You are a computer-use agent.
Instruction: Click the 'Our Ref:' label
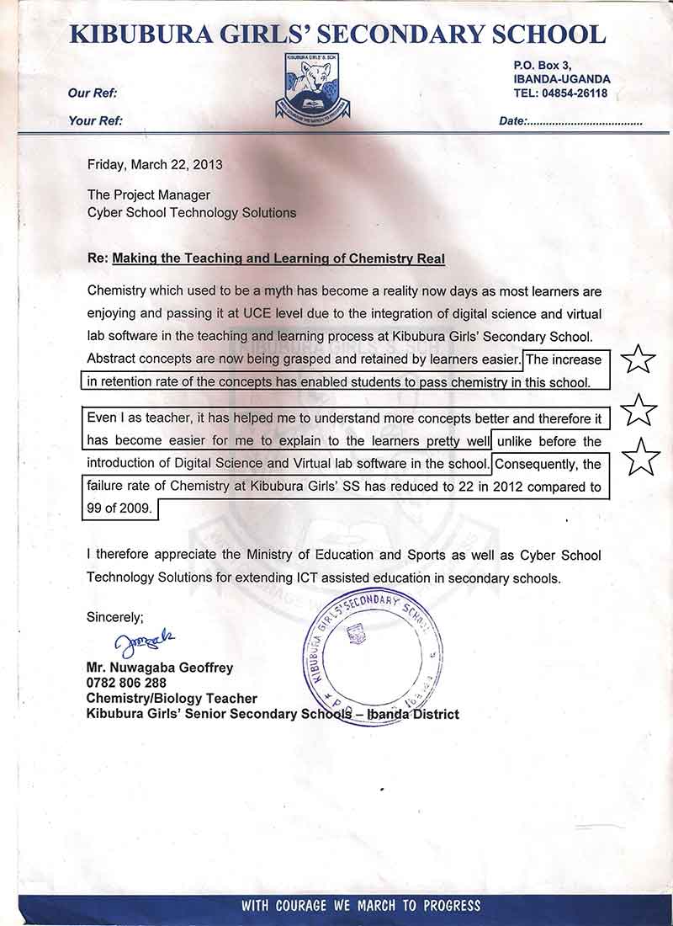[93, 93]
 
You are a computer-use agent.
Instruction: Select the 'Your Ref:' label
[96, 121]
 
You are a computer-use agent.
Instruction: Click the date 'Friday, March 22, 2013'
[155, 165]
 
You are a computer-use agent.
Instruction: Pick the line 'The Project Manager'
[149, 195]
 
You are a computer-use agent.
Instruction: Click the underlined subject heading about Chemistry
[278, 259]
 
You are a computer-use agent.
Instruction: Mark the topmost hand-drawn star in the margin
[638, 359]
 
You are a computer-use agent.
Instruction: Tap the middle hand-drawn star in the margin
[639, 410]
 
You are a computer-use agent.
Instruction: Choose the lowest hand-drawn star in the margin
[640, 456]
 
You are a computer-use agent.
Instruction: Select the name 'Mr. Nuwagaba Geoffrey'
[160, 668]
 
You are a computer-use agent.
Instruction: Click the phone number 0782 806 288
[126, 683]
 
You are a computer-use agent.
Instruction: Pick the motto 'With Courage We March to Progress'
[361, 906]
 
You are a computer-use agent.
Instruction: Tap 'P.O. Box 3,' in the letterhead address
[543, 65]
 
